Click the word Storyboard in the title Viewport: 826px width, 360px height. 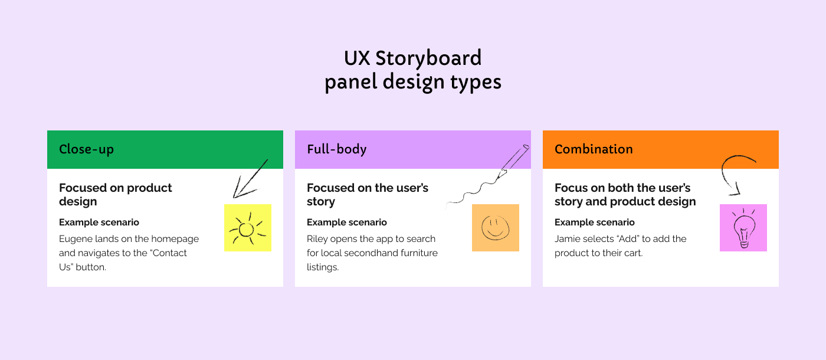(x=428, y=59)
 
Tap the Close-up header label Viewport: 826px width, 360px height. (x=86, y=149)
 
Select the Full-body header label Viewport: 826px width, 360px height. (x=337, y=149)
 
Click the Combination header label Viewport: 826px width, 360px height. (x=594, y=149)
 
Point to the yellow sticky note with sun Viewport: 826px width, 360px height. (x=248, y=228)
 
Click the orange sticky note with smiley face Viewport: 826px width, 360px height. (x=496, y=228)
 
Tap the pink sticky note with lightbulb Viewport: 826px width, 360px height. (x=743, y=228)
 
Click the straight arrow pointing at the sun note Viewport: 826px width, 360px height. (x=250, y=179)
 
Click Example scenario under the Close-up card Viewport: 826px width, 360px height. (x=99, y=222)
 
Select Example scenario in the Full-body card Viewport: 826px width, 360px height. (x=347, y=222)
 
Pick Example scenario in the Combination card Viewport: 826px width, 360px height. (x=595, y=222)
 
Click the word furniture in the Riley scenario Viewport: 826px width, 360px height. (x=419, y=253)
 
